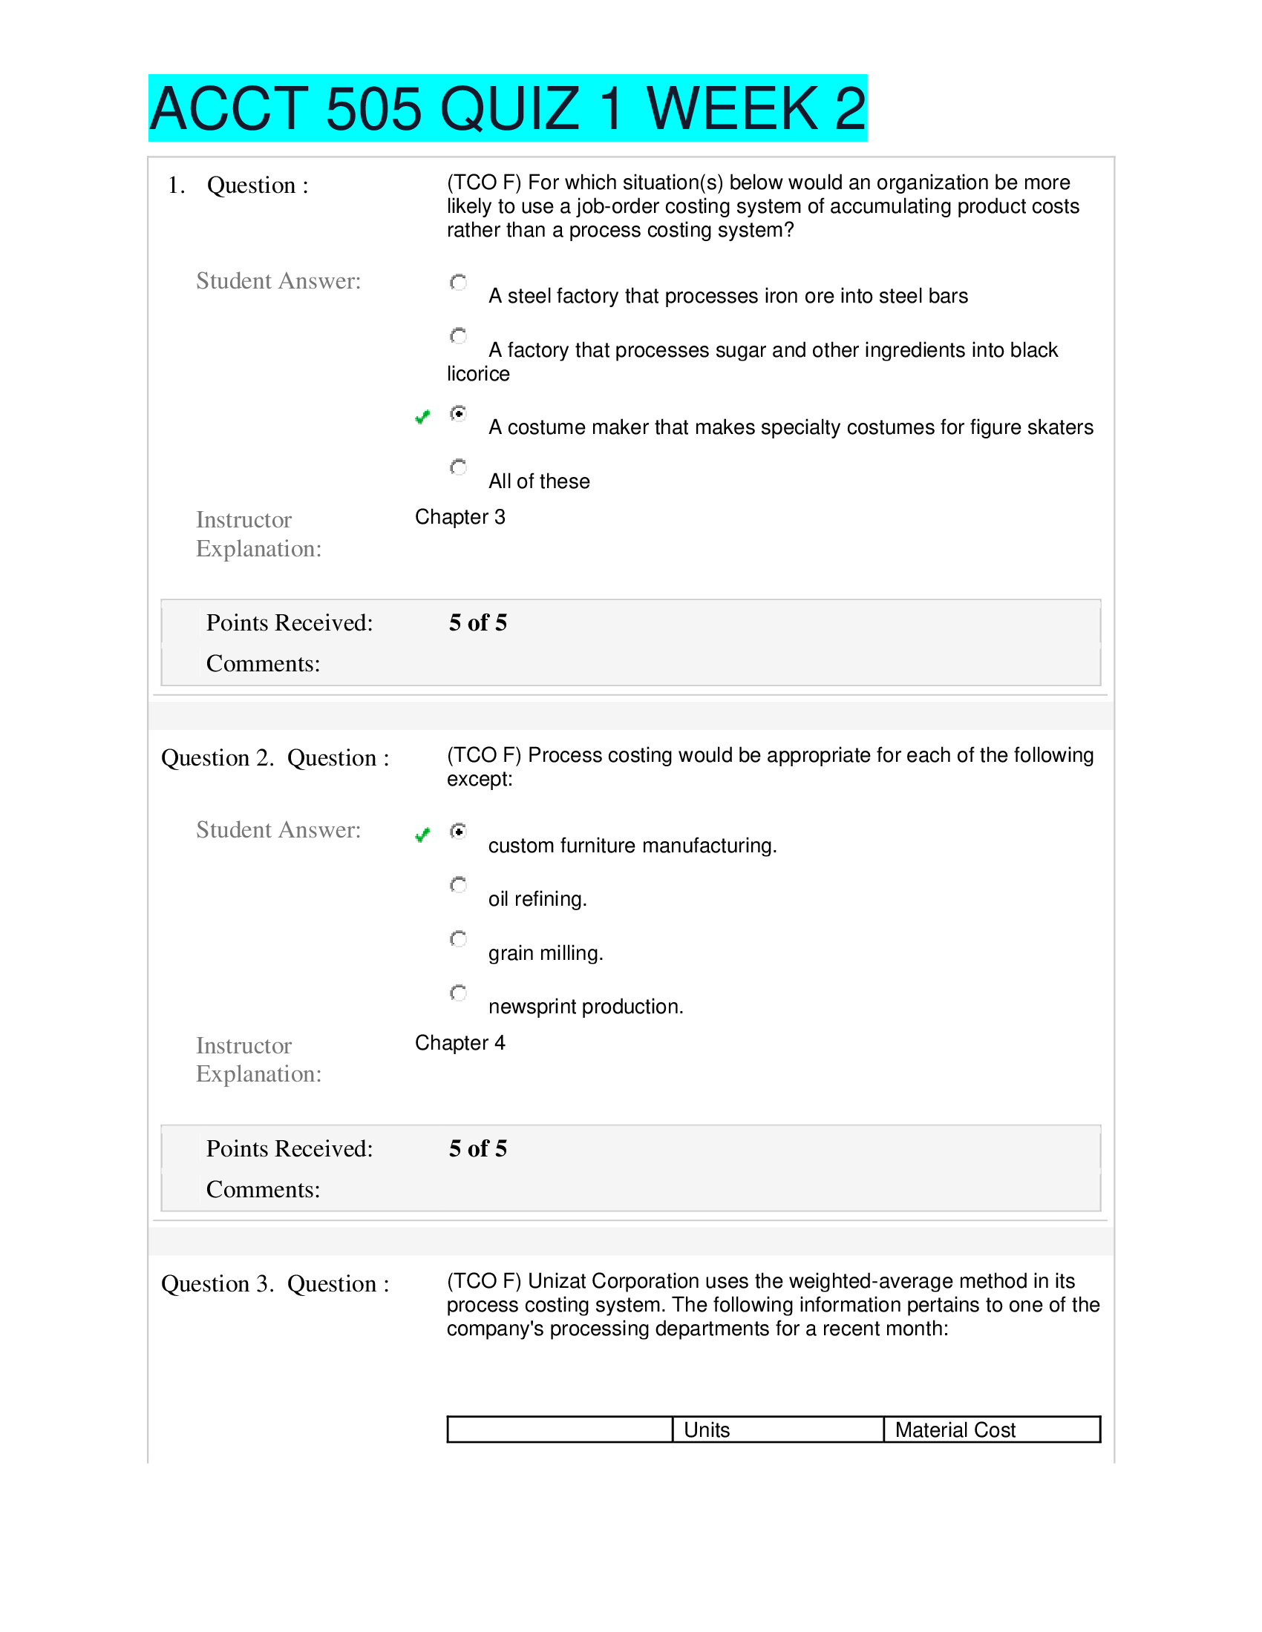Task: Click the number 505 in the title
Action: click(373, 109)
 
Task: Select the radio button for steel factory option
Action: click(458, 282)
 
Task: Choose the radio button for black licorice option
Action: click(458, 335)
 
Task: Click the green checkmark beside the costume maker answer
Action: click(422, 417)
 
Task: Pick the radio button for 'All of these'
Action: click(458, 467)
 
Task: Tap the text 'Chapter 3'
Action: click(460, 517)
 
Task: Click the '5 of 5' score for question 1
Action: click(478, 622)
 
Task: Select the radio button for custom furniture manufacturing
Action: click(458, 831)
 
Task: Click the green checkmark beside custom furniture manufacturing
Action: click(422, 835)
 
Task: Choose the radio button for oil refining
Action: click(458, 885)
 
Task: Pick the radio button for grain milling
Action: click(458, 938)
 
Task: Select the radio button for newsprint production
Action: click(458, 993)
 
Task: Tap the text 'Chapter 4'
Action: click(460, 1042)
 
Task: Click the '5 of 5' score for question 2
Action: click(478, 1148)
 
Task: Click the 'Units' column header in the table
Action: click(707, 1429)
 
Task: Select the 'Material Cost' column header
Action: click(955, 1429)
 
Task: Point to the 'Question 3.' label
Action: click(217, 1284)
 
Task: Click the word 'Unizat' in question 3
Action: click(557, 1281)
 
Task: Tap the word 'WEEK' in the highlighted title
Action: click(732, 109)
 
